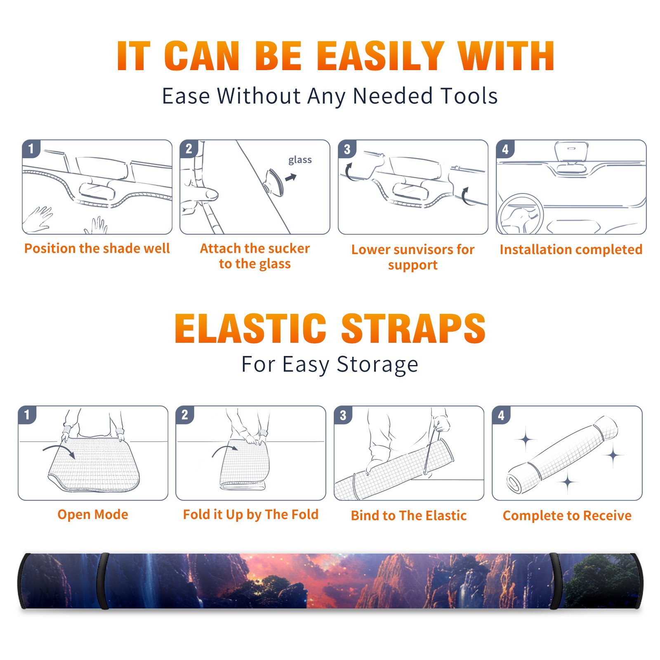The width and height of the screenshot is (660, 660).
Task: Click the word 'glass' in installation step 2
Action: (x=300, y=160)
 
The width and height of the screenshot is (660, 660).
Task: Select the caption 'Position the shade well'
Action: (x=97, y=248)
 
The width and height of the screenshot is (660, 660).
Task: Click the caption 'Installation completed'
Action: (x=571, y=250)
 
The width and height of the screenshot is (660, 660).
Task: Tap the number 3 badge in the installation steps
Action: (x=347, y=149)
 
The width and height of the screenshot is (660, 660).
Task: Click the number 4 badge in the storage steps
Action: (x=501, y=415)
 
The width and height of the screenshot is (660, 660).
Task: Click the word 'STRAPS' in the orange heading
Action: (x=413, y=328)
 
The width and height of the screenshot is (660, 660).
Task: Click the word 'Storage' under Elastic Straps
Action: (x=377, y=365)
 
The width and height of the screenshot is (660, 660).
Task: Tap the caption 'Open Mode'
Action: (x=93, y=514)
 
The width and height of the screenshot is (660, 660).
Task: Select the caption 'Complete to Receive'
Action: (x=567, y=516)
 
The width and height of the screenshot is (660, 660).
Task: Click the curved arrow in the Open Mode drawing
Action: (x=59, y=450)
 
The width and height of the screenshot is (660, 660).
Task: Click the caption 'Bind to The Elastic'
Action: (x=409, y=516)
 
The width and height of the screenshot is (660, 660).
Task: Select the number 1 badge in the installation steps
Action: (x=31, y=149)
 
